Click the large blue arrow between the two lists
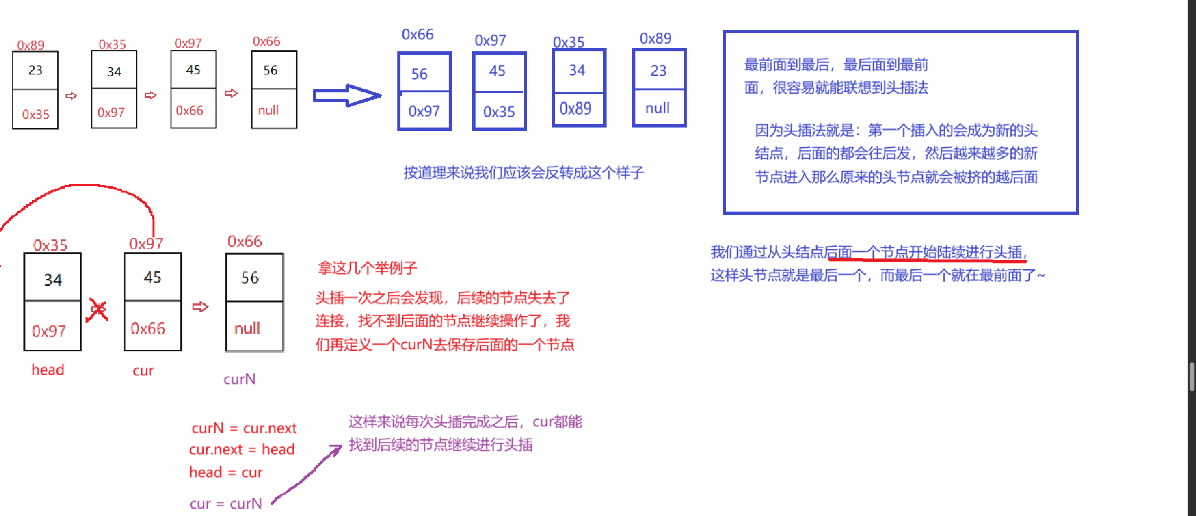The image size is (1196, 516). click(347, 95)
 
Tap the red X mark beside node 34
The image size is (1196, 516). click(98, 310)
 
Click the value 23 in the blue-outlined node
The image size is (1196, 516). click(658, 71)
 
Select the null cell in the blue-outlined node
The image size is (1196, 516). click(658, 108)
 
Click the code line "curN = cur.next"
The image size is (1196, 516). click(244, 428)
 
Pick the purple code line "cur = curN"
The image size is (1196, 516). click(226, 503)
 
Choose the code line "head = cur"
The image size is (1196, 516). click(226, 472)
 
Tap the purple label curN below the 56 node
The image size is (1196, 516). click(239, 379)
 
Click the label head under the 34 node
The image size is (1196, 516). click(48, 369)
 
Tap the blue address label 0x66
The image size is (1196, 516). click(417, 34)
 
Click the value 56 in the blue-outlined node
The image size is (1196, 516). click(419, 74)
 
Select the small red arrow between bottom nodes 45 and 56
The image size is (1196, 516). click(200, 307)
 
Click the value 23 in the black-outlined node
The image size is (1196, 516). click(35, 70)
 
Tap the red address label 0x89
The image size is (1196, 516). click(30, 45)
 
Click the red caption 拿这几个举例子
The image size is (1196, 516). click(368, 268)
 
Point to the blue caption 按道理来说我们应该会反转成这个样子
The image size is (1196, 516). click(523, 172)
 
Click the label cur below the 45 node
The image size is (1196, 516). click(143, 370)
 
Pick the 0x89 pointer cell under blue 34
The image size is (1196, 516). click(576, 108)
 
